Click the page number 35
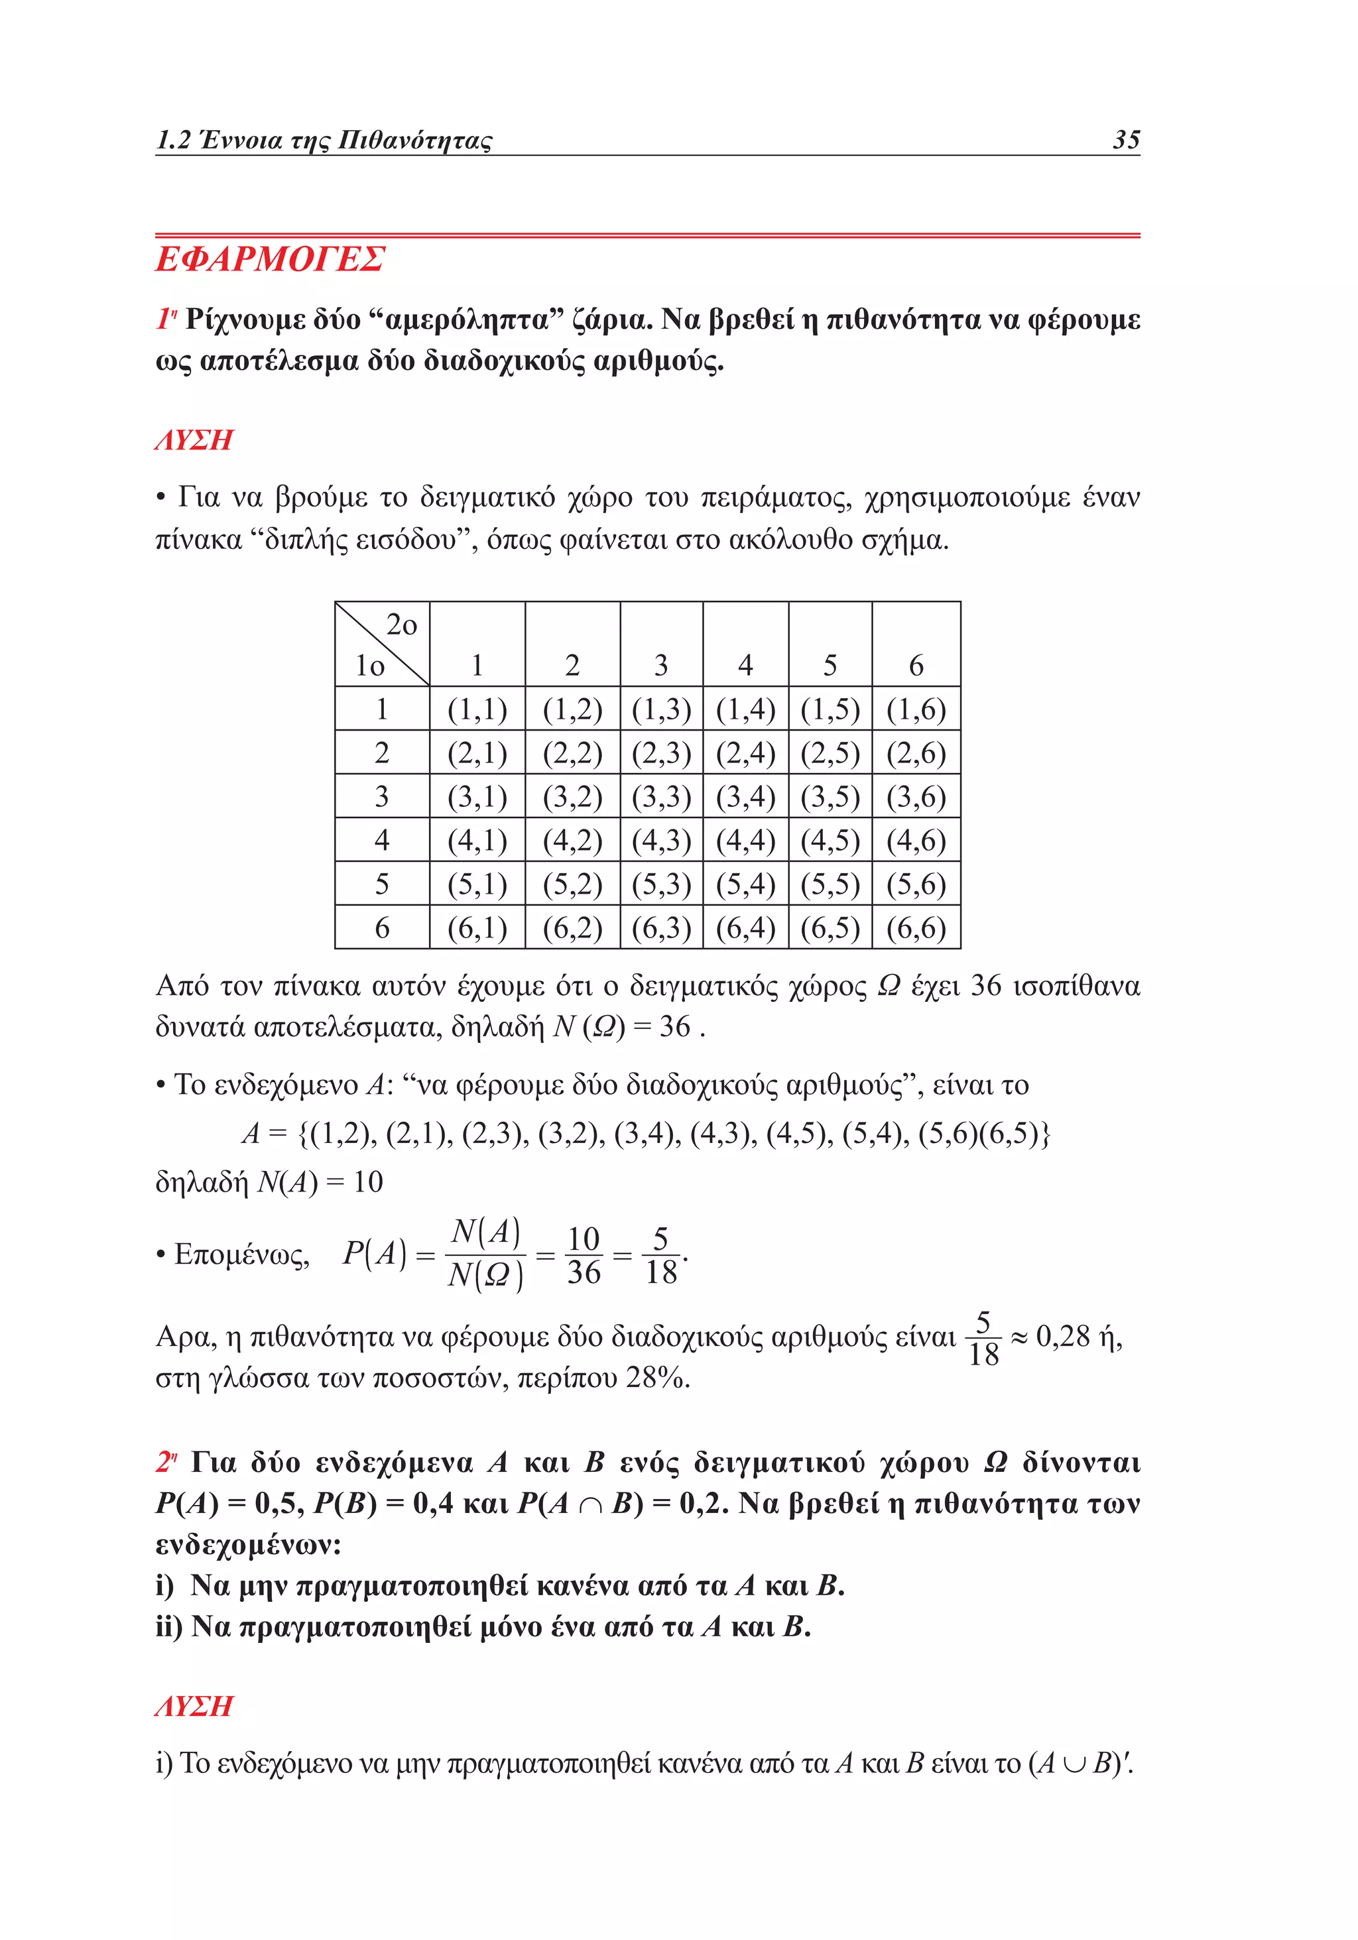[1126, 139]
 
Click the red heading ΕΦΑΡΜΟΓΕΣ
[271, 259]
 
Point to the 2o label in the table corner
[401, 625]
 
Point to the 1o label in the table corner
[369, 666]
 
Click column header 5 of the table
[830, 666]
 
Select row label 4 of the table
[381, 840]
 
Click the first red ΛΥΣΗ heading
[194, 440]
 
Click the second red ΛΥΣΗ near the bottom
[194, 1705]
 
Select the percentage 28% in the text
[656, 1378]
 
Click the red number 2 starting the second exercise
[164, 1462]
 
